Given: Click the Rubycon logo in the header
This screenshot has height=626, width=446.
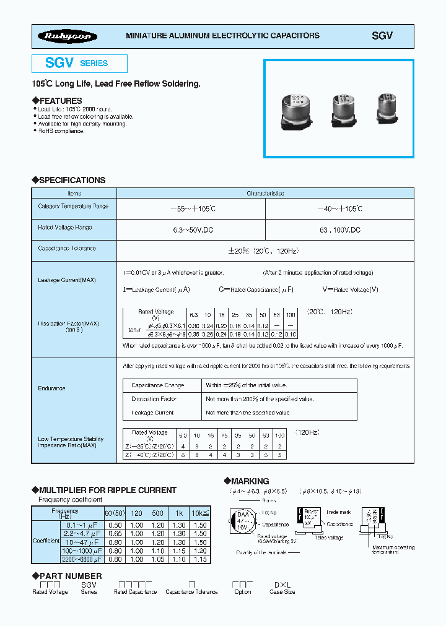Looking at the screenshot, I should [x=67, y=36].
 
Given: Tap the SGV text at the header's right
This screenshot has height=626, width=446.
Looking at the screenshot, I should [x=382, y=36].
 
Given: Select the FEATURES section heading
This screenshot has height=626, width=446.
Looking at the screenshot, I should [x=60, y=101].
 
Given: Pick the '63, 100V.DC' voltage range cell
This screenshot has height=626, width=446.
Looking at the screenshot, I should [x=339, y=229].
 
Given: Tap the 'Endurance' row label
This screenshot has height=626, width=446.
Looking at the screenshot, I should [x=52, y=388].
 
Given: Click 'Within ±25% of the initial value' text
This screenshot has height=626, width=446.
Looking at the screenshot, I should [x=247, y=385].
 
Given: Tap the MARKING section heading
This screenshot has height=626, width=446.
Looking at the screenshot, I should [x=250, y=481].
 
